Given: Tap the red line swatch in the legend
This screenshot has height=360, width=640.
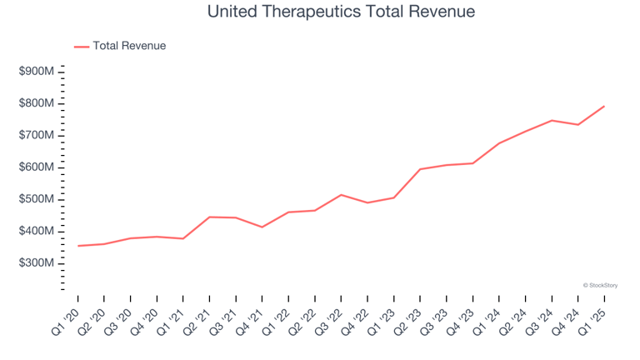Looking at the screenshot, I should (x=82, y=47).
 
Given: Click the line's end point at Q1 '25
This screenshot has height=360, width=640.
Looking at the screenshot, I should (x=604, y=106).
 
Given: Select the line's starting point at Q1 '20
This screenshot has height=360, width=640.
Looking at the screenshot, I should (x=77, y=246).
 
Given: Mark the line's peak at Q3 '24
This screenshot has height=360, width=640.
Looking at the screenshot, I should (x=552, y=120).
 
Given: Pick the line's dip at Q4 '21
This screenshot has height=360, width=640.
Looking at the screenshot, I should (x=262, y=227).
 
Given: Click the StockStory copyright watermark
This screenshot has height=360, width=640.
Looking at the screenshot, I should (x=600, y=285).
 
